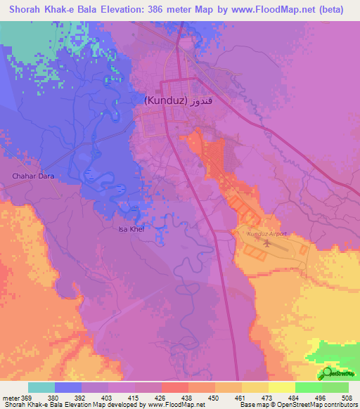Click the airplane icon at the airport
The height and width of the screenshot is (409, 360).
point(267,245)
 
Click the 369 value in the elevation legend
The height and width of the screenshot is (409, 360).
point(27,398)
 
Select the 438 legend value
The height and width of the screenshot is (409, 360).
point(188,398)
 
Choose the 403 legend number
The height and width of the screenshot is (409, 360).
point(108,398)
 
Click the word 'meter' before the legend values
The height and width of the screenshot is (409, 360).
point(10,398)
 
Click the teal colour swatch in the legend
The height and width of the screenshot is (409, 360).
point(41,387)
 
